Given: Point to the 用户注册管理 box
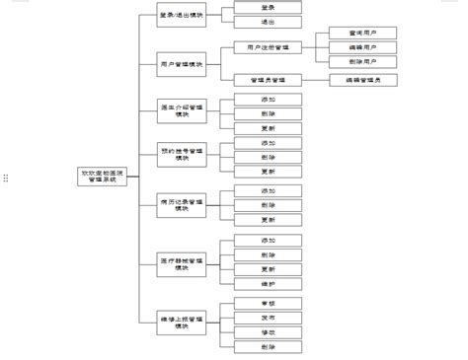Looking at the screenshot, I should click(268, 46).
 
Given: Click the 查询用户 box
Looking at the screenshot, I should click(363, 33).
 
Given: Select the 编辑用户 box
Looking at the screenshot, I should click(363, 47).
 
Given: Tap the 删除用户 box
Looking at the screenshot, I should click(363, 61).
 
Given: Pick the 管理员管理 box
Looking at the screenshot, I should click(268, 79).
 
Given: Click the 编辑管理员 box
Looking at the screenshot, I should click(363, 79).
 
